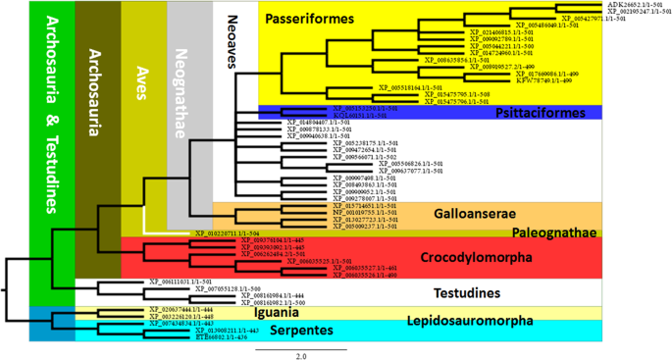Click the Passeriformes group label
(311, 19)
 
